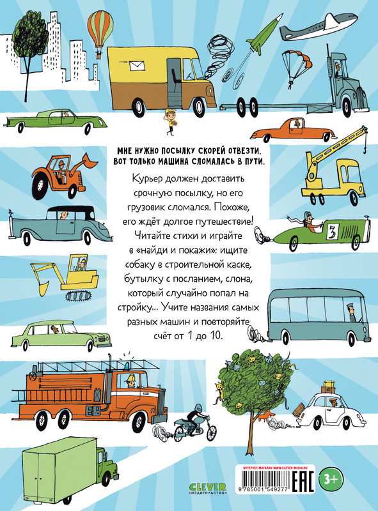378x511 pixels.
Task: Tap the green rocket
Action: [264, 34]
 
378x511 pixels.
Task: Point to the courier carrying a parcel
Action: [171, 122]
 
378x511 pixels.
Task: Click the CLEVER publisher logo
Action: [208, 489]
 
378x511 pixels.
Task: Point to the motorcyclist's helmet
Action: [198, 408]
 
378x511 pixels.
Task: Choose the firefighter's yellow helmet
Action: [132, 378]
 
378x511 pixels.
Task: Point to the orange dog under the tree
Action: [265, 416]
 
